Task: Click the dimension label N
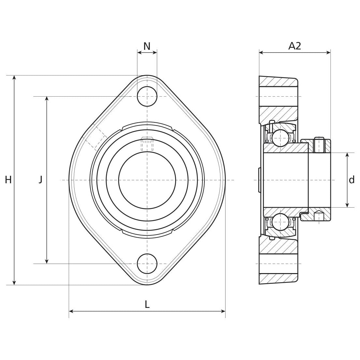pos(147,46)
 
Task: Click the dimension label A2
pos(295,46)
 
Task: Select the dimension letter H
pos(8,180)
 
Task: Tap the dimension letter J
pos(40,179)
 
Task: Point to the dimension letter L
pos(147,305)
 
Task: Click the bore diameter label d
pos(352,180)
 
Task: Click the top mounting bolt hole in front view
pos(147,96)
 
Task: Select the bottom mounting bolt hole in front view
pos(147,263)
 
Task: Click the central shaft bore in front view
pos(147,180)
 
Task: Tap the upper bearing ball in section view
pos(280,138)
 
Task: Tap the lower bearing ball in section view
pos(280,222)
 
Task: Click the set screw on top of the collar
pos(320,145)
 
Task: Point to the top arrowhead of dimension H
pos(14,77)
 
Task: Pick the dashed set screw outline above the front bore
pos(147,145)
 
